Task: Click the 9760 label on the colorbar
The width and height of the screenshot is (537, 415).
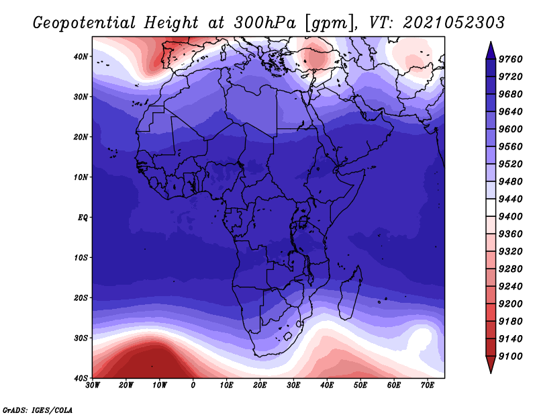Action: point(510,59)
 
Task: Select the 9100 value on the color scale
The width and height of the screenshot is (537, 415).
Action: point(510,356)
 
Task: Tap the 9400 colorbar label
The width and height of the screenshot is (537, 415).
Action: point(510,216)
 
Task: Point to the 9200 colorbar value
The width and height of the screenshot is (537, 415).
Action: point(510,304)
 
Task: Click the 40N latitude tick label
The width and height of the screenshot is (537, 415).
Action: point(81,56)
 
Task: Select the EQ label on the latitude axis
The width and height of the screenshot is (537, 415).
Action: point(83,218)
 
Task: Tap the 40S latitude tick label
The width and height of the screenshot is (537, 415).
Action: point(81,378)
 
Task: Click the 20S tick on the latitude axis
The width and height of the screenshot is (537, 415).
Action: point(81,297)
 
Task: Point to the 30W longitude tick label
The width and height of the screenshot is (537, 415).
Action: point(93,385)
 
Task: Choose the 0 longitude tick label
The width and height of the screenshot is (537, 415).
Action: point(193,385)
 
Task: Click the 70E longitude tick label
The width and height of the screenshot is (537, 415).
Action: point(428,385)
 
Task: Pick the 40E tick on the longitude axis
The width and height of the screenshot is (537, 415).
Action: point(327,385)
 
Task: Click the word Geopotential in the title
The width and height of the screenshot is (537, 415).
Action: point(85,24)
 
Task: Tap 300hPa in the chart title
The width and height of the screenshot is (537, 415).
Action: point(264,23)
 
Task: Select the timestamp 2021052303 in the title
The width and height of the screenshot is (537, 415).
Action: point(454,23)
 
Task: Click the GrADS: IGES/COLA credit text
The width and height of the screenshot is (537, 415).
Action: point(38,410)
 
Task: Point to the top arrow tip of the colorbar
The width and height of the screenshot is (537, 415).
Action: point(491,42)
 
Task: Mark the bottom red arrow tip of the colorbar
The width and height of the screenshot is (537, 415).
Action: point(491,373)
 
